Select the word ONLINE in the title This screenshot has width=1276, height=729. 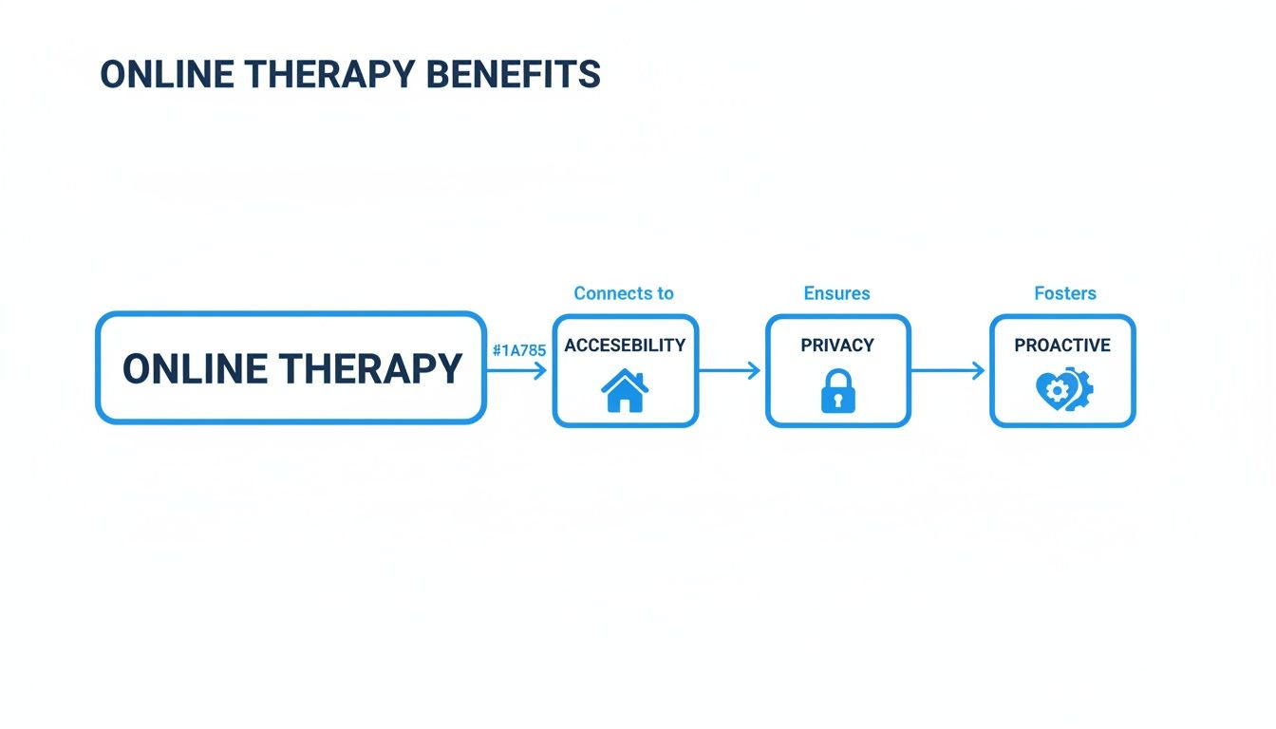[x=159, y=74]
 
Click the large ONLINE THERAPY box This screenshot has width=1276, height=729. [x=291, y=367]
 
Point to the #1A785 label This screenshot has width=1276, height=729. [x=518, y=350]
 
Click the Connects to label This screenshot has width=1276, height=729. [x=624, y=293]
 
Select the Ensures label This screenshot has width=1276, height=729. [x=836, y=293]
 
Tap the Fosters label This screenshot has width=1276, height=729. [x=1065, y=293]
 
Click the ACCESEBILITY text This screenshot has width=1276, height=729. [x=625, y=346]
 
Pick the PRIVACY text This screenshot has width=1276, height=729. [x=836, y=346]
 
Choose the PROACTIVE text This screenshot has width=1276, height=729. [x=1062, y=346]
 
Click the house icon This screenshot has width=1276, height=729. [x=625, y=391]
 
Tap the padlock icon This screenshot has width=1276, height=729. [x=837, y=391]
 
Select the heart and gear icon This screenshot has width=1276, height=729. [x=1064, y=390]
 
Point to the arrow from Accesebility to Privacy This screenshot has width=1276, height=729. [x=731, y=370]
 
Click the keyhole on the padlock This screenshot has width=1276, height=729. [x=837, y=400]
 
